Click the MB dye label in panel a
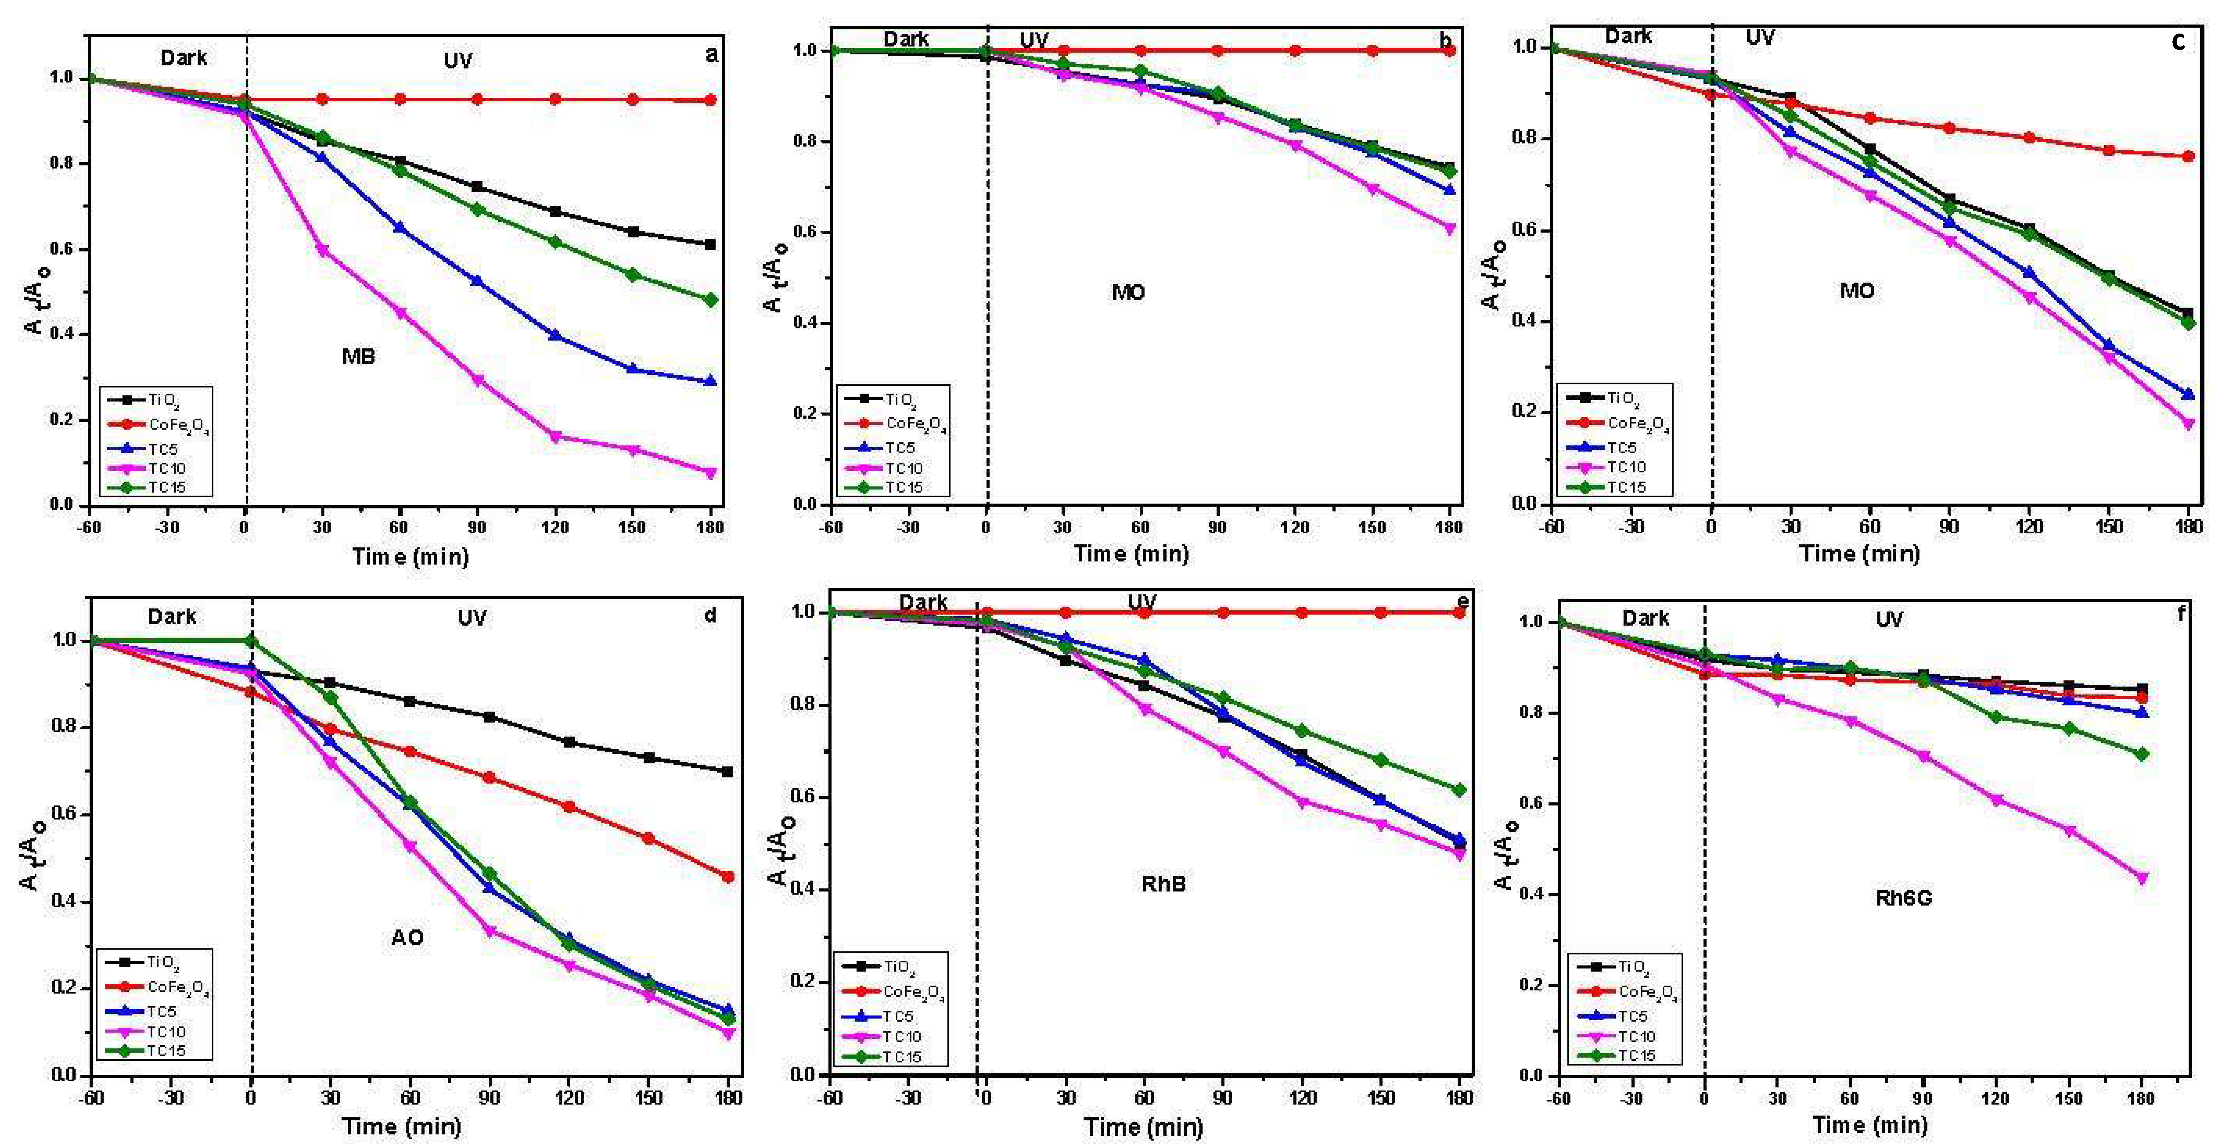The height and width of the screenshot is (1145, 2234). click(x=358, y=356)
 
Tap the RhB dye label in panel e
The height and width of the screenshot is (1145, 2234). click(x=1163, y=884)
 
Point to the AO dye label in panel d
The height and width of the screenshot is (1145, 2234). click(x=407, y=938)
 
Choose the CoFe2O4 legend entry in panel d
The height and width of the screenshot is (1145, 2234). click(x=177, y=987)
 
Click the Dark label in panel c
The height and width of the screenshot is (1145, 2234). click(x=1628, y=36)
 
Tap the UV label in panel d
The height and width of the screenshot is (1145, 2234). click(x=472, y=618)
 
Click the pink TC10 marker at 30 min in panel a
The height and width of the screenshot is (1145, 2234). click(x=323, y=250)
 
